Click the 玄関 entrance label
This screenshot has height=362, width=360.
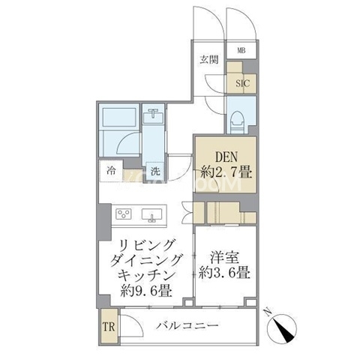point(209,59)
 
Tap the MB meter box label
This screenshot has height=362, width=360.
point(241,51)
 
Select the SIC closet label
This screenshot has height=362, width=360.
point(243,83)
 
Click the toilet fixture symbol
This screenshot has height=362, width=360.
point(238,121)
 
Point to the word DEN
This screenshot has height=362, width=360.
point(226,157)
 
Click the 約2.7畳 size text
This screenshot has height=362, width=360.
point(226,172)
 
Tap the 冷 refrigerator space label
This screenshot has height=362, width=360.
point(111,171)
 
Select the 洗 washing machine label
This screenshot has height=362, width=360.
point(155,171)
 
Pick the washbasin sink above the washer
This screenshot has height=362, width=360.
point(153,117)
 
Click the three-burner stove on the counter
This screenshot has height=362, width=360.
point(124,214)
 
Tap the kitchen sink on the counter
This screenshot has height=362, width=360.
point(151,215)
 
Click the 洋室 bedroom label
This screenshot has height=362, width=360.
point(224,258)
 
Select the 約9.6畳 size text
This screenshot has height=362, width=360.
point(146,290)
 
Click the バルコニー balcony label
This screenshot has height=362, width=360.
point(187,325)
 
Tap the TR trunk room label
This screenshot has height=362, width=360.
point(109,327)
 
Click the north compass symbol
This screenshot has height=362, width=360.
point(282,328)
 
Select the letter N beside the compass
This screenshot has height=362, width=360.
point(268,313)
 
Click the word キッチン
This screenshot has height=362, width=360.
point(146,275)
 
